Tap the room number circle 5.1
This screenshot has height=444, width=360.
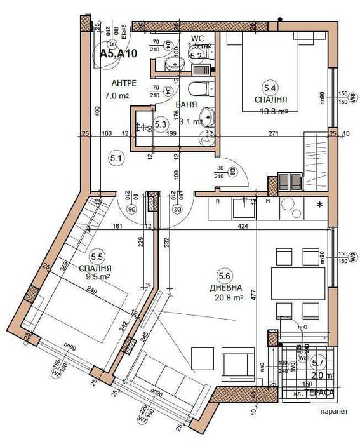(116, 159)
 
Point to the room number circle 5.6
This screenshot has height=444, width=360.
(225, 276)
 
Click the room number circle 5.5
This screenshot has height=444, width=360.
(98, 257)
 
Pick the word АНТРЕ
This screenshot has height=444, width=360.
(123, 84)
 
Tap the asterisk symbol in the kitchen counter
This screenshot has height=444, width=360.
(319, 205)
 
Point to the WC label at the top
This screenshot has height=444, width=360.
(197, 38)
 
